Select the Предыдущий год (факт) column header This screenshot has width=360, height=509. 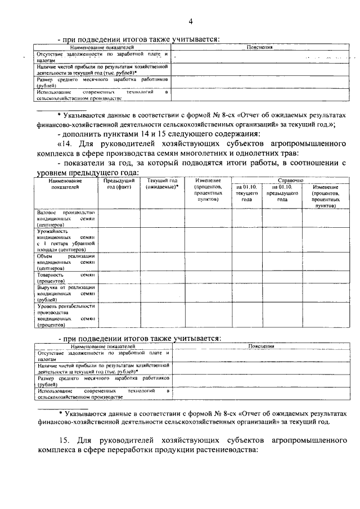pyautogui.click(x=119, y=184)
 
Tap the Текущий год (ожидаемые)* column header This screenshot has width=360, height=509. pyautogui.click(x=161, y=184)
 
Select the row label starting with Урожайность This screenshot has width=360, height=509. pyautogui.click(x=66, y=240)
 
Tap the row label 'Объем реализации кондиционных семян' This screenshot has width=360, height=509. pyautogui.click(x=66, y=262)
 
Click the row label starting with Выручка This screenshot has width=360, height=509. pyautogui.click(x=66, y=293)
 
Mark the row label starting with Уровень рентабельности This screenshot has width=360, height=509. pyautogui.click(x=66, y=315)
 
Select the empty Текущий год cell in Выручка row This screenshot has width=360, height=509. pyautogui.click(x=161, y=293)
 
